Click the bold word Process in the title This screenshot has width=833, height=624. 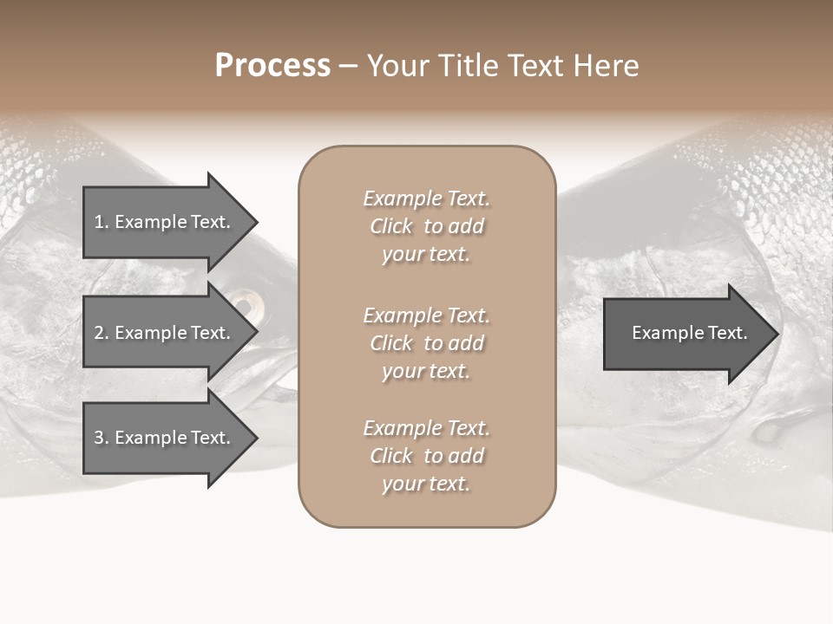pos(272,66)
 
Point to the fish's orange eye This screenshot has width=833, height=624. pos(246,303)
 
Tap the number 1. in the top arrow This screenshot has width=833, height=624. pos(102,222)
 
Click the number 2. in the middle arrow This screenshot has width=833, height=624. pos(102,333)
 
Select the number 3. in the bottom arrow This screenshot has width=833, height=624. pos(102,438)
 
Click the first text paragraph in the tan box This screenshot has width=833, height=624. pos(426,226)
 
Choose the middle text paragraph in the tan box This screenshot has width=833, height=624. pos(426,343)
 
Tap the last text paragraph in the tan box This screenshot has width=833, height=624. pos(426,456)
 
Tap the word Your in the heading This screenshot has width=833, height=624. pos(399,66)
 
